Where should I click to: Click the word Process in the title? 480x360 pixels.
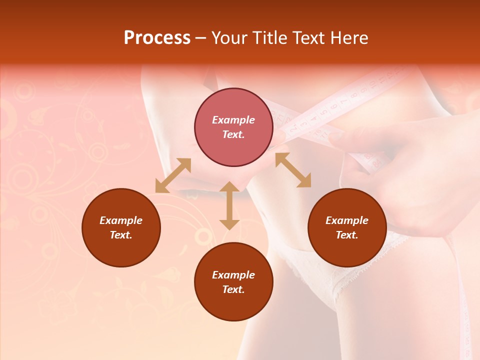click(157, 38)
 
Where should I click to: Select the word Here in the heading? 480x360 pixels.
click(349, 38)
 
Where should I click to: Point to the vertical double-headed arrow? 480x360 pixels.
click(229, 205)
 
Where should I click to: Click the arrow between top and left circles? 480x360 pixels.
click(173, 175)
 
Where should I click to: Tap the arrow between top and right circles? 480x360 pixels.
click(293, 170)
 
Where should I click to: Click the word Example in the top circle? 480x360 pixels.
click(233, 120)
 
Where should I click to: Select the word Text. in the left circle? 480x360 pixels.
click(121, 235)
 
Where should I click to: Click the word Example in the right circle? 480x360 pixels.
click(347, 220)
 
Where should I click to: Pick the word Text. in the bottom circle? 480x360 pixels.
click(233, 289)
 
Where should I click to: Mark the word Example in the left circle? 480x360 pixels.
click(121, 220)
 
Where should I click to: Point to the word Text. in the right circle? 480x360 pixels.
click(347, 235)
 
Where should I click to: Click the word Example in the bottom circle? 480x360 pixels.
click(233, 275)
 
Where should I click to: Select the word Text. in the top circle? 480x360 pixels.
click(233, 134)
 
